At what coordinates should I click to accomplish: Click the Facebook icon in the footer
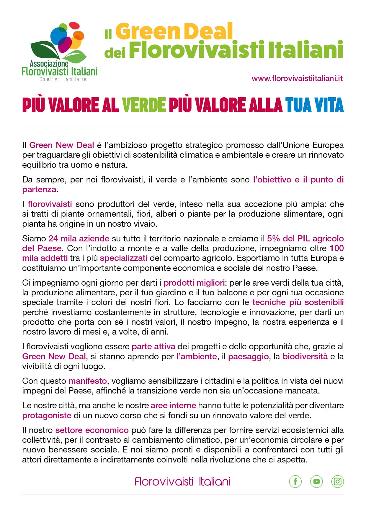tap(295, 481)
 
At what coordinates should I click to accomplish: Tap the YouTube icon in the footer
tap(316, 481)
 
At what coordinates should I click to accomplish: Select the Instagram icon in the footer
tap(338, 481)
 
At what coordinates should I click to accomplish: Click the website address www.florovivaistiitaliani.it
tap(297, 78)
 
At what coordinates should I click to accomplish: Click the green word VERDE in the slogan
tap(144, 105)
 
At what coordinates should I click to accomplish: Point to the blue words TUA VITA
tap(314, 105)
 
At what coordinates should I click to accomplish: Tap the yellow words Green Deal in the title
tap(174, 32)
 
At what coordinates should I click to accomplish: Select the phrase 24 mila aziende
tap(79, 238)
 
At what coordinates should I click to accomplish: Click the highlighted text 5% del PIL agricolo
tap(305, 238)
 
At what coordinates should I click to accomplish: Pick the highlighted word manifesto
tap(87, 381)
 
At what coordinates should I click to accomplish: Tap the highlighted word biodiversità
tap(305, 356)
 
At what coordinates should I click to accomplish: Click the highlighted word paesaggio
tap(248, 356)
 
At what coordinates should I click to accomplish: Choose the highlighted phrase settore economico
tap(92, 430)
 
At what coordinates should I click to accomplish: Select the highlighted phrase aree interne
tap(173, 405)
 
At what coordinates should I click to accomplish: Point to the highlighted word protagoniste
tap(47, 415)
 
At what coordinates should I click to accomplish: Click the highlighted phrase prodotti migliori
tap(194, 283)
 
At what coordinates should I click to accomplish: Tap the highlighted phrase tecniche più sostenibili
tap(298, 302)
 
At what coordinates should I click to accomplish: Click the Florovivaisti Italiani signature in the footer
tap(182, 482)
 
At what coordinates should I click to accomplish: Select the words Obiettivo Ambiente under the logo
tap(63, 79)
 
